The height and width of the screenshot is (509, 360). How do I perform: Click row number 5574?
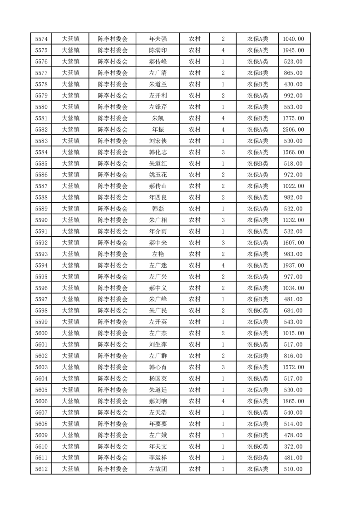41,39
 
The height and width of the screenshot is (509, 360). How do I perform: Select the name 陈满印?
158,50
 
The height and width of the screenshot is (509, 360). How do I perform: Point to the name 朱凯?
158,118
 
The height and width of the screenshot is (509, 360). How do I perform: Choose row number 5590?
41,220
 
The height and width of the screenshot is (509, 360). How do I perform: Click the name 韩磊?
158,209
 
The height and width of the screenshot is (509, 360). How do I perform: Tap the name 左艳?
158,254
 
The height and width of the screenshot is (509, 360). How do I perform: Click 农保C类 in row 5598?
257,311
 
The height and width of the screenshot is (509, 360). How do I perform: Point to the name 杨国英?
158,378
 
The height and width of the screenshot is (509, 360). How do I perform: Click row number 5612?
41,469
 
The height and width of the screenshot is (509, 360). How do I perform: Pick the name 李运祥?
158,458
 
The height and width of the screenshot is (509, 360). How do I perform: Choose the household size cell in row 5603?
223,367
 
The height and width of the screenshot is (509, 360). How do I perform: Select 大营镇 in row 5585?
70,164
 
